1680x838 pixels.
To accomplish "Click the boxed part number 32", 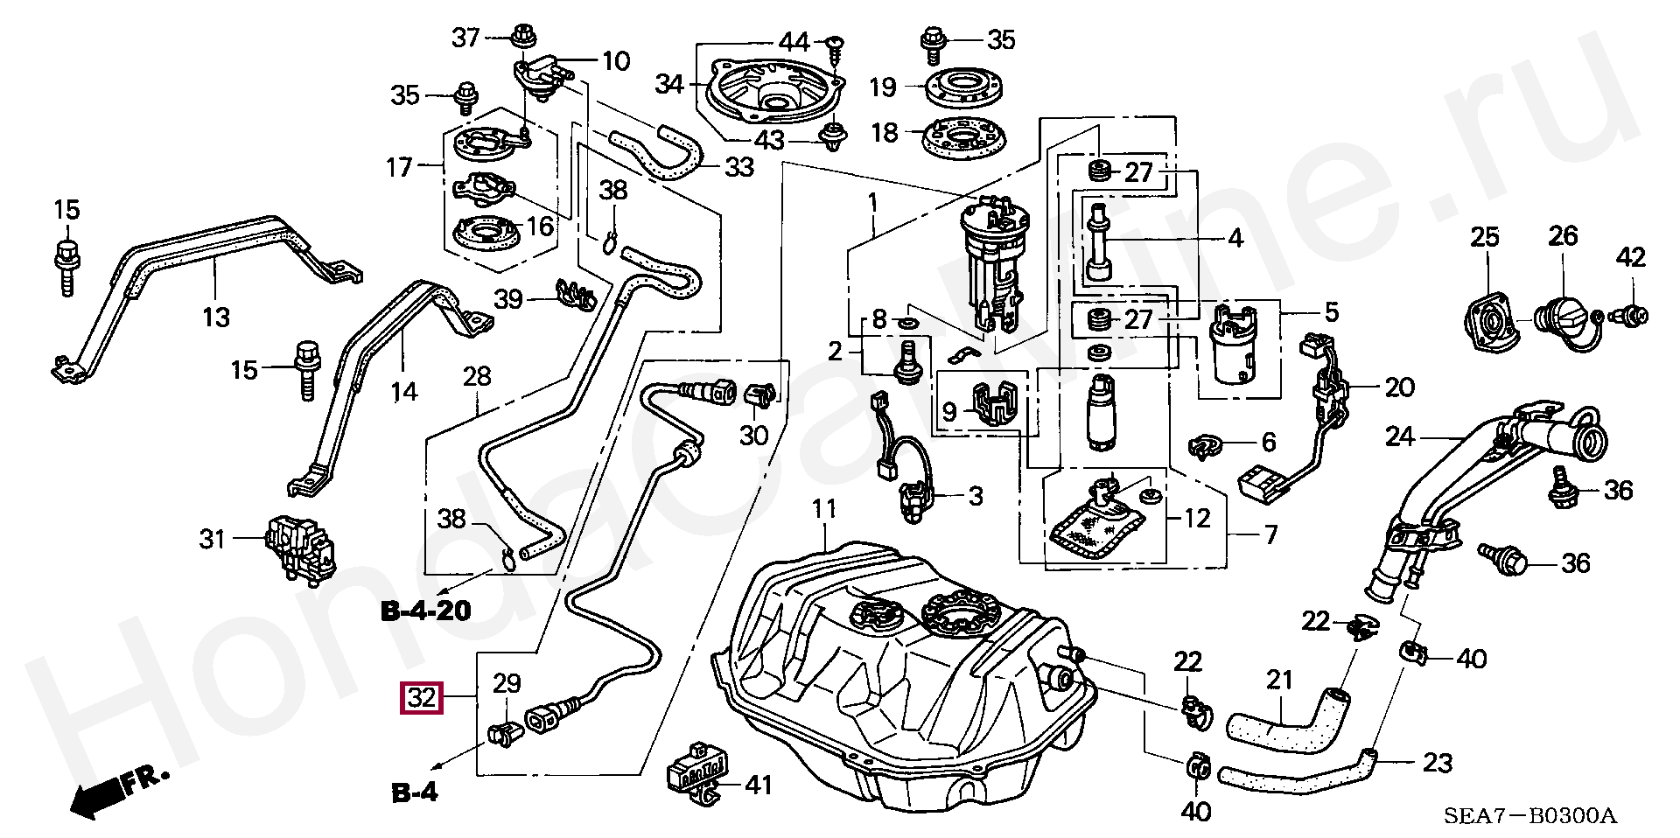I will point(422,697).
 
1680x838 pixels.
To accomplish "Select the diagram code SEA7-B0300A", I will point(1529,816).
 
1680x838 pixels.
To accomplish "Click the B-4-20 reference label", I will point(426,610).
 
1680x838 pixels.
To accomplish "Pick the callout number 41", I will point(759,785).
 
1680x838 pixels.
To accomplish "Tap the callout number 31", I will point(213,539).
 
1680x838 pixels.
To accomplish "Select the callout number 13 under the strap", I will point(215,317).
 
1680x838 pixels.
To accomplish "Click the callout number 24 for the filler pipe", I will point(1399,436).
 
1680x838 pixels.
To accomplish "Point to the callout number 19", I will point(883,87).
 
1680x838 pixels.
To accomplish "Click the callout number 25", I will point(1484,237).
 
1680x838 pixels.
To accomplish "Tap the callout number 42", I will point(1631,256).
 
